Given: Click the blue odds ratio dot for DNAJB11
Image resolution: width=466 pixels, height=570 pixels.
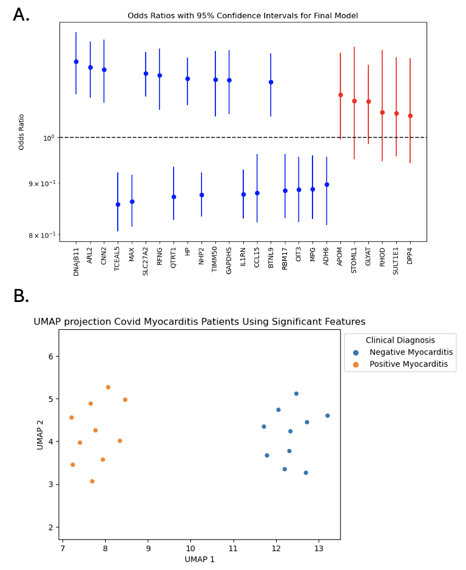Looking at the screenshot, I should click(76, 62).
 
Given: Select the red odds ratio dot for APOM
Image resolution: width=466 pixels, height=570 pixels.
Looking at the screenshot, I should click(340, 95).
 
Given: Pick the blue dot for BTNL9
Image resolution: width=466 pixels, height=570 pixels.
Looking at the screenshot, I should click(271, 82).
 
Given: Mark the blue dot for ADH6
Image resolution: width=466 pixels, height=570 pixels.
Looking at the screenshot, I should click(326, 184).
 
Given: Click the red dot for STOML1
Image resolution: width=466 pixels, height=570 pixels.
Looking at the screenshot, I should click(354, 101).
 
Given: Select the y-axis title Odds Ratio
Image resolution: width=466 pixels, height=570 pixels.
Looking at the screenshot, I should click(22, 132).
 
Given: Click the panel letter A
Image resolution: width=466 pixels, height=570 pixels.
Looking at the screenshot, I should click(21, 15).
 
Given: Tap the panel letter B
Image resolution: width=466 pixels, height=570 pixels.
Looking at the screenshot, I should click(21, 297).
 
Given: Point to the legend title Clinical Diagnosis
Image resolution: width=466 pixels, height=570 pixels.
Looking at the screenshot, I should click(400, 340).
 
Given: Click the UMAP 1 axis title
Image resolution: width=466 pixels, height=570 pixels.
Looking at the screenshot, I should click(200, 559).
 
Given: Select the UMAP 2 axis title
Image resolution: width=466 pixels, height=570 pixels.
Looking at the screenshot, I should click(41, 434).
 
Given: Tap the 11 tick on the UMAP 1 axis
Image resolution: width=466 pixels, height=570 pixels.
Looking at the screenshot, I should click(233, 549).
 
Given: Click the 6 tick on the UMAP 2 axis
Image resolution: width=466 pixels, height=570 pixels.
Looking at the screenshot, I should click(51, 356).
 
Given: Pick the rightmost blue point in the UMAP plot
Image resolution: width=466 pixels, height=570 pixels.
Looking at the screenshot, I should click(328, 415).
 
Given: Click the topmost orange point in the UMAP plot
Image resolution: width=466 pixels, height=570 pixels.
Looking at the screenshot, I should click(108, 387).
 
